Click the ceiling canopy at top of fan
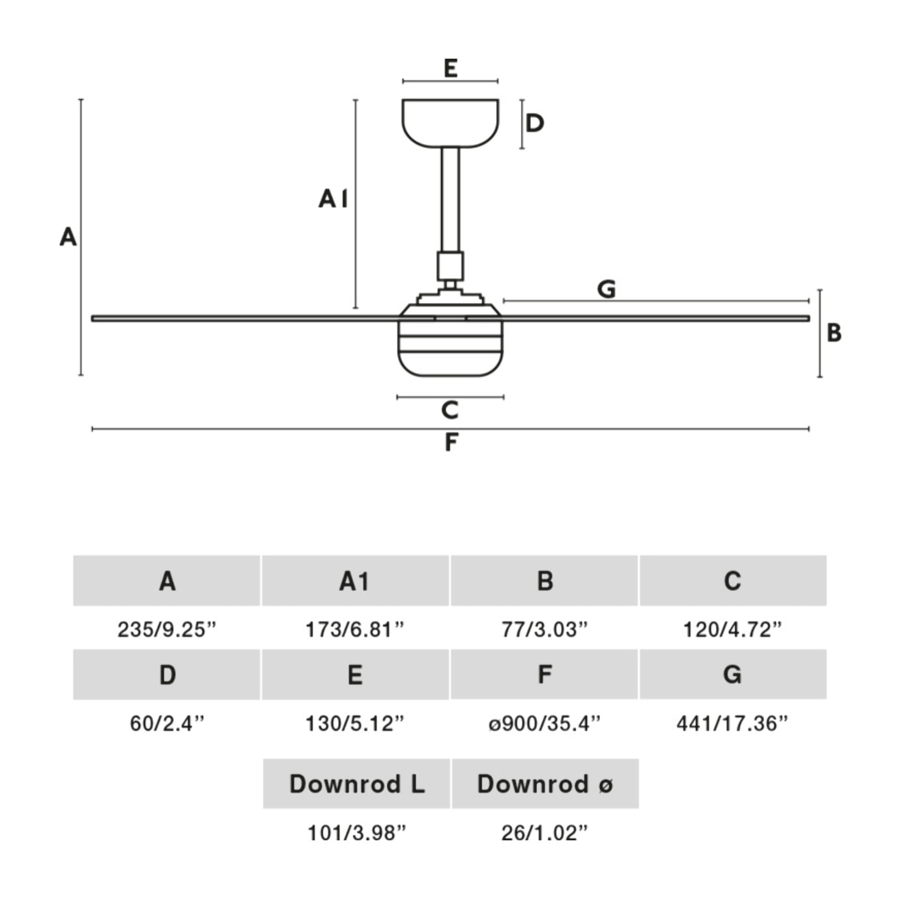coord(450,122)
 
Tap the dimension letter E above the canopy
coord(450,68)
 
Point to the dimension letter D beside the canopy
coord(535,123)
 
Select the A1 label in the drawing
coord(333,198)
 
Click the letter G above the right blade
coord(606,289)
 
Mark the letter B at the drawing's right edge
coord(834,333)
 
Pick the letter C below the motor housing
coord(450,410)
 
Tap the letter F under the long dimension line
coord(451,443)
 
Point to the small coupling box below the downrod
coord(450,266)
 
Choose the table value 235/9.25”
coord(167,629)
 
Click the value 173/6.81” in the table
coord(355,629)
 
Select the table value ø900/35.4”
coord(545,723)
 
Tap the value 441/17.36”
coord(732,723)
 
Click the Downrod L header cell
coord(356,784)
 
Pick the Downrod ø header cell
coord(545,784)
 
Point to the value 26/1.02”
coord(545,833)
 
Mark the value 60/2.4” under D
coord(167,723)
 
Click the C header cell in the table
coord(733,580)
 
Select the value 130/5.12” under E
coord(355,723)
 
